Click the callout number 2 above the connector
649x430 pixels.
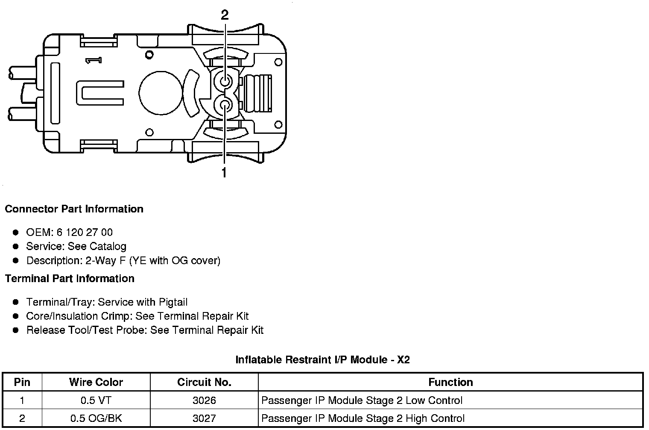click(225, 15)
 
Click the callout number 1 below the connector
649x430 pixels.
click(224, 172)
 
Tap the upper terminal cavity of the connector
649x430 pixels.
click(225, 82)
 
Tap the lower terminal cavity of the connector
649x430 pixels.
click(225, 106)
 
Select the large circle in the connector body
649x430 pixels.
click(161, 93)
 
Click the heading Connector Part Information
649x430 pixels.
click(74, 209)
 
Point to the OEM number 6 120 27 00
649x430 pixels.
click(84, 232)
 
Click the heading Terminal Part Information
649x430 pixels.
click(70, 278)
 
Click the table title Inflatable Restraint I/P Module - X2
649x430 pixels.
click(322, 359)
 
